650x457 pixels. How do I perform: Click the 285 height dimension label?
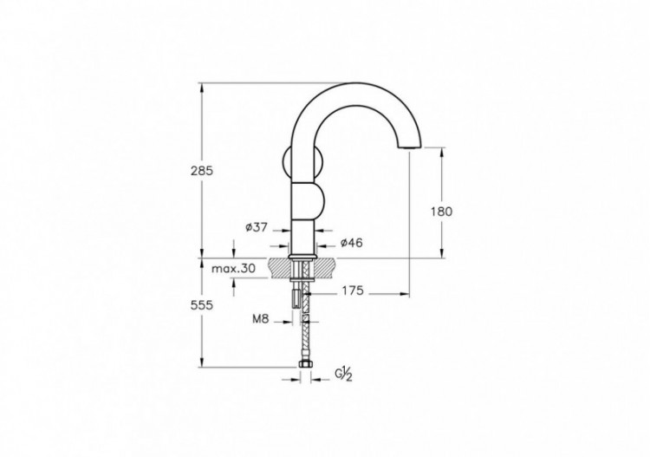coord(201,171)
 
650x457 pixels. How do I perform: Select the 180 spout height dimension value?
coord(441,211)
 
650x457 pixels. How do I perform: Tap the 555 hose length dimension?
coord(201,305)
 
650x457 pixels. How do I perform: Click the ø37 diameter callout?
coord(257,227)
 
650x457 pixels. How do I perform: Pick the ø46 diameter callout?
coord(351,243)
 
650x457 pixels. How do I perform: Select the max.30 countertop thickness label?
coord(234,269)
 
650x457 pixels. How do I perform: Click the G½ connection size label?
coord(342,375)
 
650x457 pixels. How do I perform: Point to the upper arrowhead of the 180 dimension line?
coord(441,151)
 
